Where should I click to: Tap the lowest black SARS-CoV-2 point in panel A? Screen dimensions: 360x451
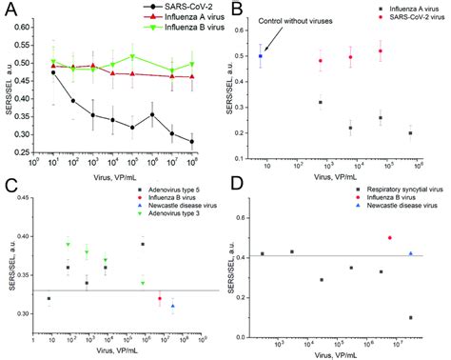(193, 141)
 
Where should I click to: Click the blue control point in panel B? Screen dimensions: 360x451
(261, 56)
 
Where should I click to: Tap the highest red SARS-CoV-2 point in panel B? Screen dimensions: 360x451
(381, 51)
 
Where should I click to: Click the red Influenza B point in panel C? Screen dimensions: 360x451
(159, 299)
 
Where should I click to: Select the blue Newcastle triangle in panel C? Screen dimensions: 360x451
(173, 306)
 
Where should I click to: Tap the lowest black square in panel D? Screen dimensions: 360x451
(409, 318)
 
